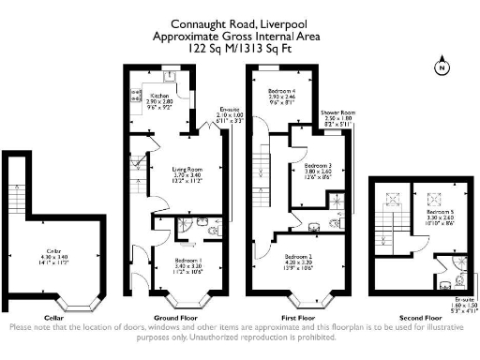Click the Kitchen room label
pos(159,95)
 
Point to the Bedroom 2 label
pos(298,255)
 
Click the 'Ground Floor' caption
pos(175,318)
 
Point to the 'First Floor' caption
pos(299,318)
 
